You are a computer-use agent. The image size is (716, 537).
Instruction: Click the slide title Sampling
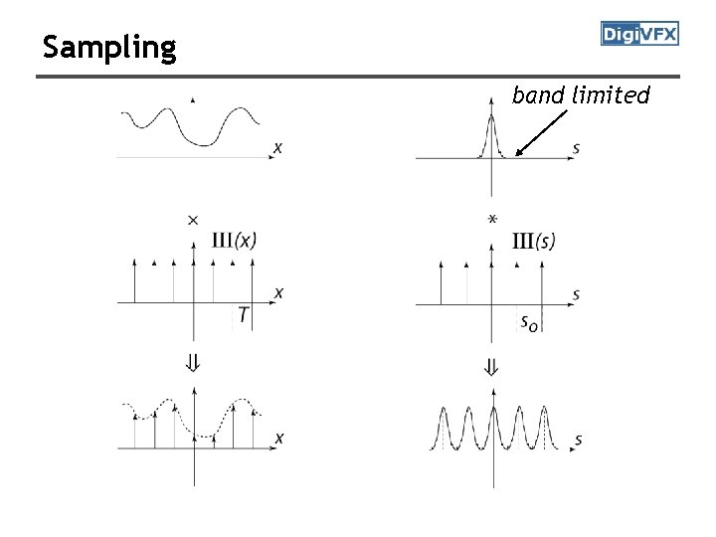tap(109, 47)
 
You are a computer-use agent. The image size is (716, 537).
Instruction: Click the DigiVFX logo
tap(639, 35)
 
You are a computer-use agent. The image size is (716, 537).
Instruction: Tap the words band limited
tap(581, 95)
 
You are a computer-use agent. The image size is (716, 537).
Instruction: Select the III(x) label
tap(235, 241)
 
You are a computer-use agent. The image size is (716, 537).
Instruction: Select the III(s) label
tap(534, 241)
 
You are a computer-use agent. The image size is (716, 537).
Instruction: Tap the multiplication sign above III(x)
tap(193, 219)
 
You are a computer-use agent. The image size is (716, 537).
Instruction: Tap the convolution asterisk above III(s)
tap(492, 219)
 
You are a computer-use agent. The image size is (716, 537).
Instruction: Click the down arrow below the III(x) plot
tap(194, 365)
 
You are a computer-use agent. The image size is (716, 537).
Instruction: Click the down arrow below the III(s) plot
tap(491, 366)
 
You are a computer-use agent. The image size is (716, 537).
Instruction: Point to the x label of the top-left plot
tap(276, 148)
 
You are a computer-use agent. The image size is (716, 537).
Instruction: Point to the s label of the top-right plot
tap(577, 149)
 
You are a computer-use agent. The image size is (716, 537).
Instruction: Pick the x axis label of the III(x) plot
tap(278, 292)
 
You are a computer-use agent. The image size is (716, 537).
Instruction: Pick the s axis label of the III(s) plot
tap(577, 294)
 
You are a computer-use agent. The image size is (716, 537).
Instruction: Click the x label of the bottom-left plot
tap(278, 438)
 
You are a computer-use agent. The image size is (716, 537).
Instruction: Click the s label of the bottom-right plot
tap(578, 440)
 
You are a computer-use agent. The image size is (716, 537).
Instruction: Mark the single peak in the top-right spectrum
tap(491, 121)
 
